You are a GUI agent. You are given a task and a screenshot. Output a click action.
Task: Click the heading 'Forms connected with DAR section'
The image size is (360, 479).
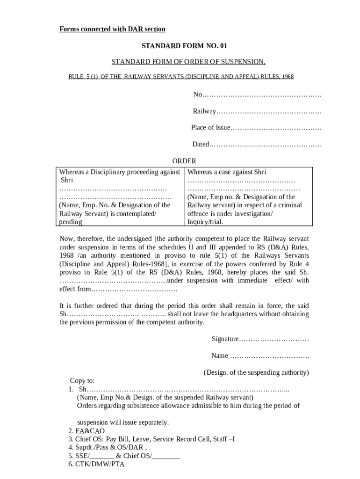[112, 29]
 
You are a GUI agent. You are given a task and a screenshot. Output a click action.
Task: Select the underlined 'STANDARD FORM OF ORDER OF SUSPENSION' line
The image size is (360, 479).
[188, 62]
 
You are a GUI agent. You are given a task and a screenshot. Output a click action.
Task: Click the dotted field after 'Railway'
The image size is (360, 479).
[269, 112]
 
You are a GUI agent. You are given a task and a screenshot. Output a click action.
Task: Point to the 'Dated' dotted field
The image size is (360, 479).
[265, 145]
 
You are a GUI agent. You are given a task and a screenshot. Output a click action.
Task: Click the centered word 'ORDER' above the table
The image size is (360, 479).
[184, 161]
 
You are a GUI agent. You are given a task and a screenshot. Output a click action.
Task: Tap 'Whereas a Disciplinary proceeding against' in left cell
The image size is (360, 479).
[120, 172]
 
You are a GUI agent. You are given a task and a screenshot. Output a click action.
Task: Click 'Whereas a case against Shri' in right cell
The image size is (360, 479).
[227, 172]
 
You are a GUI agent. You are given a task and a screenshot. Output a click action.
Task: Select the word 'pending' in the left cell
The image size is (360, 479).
[71, 222]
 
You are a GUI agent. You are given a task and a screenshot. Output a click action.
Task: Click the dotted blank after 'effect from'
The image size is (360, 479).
[133, 290]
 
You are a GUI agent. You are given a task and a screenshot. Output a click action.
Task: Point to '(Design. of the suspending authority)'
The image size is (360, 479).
[256, 372]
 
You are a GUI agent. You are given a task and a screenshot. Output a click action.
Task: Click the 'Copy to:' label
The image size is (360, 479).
[82, 380]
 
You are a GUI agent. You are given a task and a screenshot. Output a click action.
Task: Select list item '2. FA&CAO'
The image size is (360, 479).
[86, 431]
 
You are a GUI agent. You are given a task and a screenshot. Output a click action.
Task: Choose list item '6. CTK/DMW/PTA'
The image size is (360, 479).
[96, 464]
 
